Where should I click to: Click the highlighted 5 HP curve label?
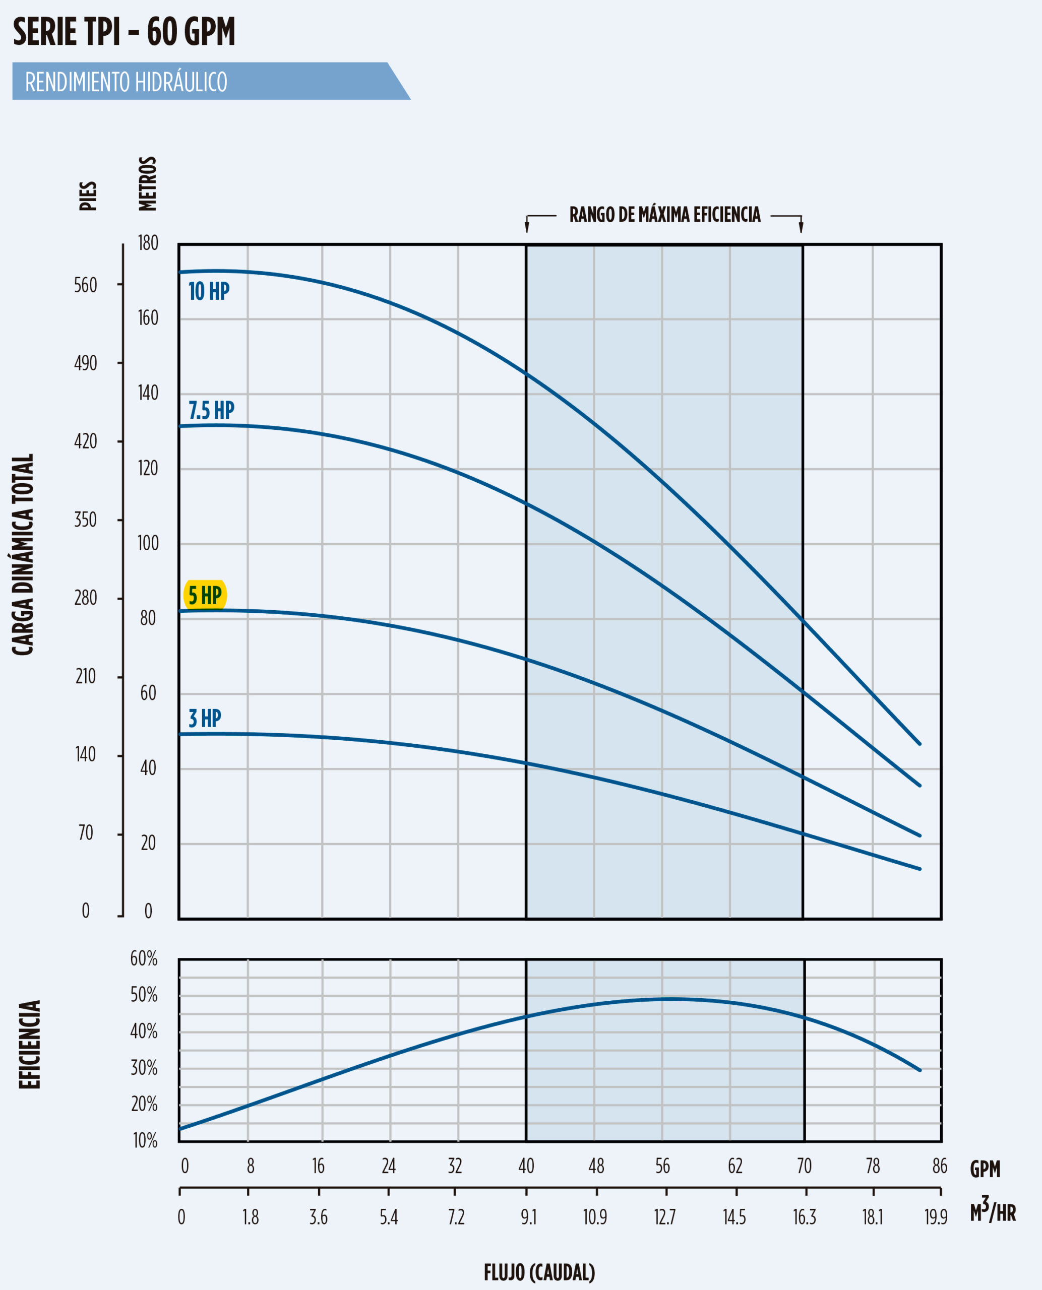point(205,595)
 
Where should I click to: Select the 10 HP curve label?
point(209,292)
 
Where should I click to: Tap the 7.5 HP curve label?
point(211,410)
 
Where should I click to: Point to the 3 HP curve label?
point(205,718)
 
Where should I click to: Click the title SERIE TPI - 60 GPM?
point(124,32)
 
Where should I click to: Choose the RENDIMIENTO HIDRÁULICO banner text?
point(126,82)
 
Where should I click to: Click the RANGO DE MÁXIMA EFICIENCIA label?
point(664,215)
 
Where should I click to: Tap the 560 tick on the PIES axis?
point(85,285)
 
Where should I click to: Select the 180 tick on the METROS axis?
point(148,243)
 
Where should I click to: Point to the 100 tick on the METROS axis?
point(148,543)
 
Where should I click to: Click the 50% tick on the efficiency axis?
point(144,995)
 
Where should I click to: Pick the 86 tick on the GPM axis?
point(939,1166)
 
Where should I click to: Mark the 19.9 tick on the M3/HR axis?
point(936,1217)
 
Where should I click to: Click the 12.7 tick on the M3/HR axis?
point(664,1217)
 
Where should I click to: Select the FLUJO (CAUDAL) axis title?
point(539,1272)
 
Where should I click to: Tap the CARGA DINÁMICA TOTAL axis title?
point(23,554)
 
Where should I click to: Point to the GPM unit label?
point(985,1169)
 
